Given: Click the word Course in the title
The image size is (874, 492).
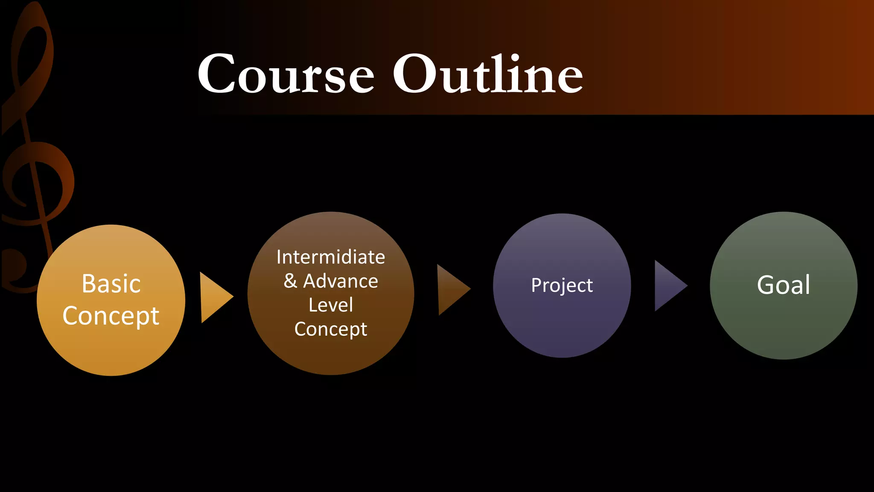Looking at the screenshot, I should (x=286, y=74).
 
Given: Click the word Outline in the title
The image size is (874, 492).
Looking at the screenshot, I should (x=487, y=74).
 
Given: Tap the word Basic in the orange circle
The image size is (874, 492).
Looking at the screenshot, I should (x=111, y=284).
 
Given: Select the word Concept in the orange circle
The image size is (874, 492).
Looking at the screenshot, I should (x=111, y=316).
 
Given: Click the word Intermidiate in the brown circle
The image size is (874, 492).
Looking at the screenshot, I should (x=331, y=257).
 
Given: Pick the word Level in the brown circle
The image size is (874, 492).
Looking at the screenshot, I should (x=331, y=305).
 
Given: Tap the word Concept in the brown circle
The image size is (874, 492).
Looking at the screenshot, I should (x=331, y=329).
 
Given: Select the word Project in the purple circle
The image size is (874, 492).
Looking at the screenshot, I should (x=562, y=285).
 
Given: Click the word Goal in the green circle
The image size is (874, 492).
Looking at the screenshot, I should (x=784, y=285).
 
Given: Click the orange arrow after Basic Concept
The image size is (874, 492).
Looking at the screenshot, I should (x=215, y=297).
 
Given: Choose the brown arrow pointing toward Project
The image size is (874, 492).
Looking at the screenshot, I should (x=452, y=290).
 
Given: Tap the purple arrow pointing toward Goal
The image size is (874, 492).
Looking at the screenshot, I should (x=669, y=285).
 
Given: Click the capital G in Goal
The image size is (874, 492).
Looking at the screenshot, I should (x=766, y=285).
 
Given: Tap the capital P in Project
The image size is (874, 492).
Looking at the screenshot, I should (x=536, y=285).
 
